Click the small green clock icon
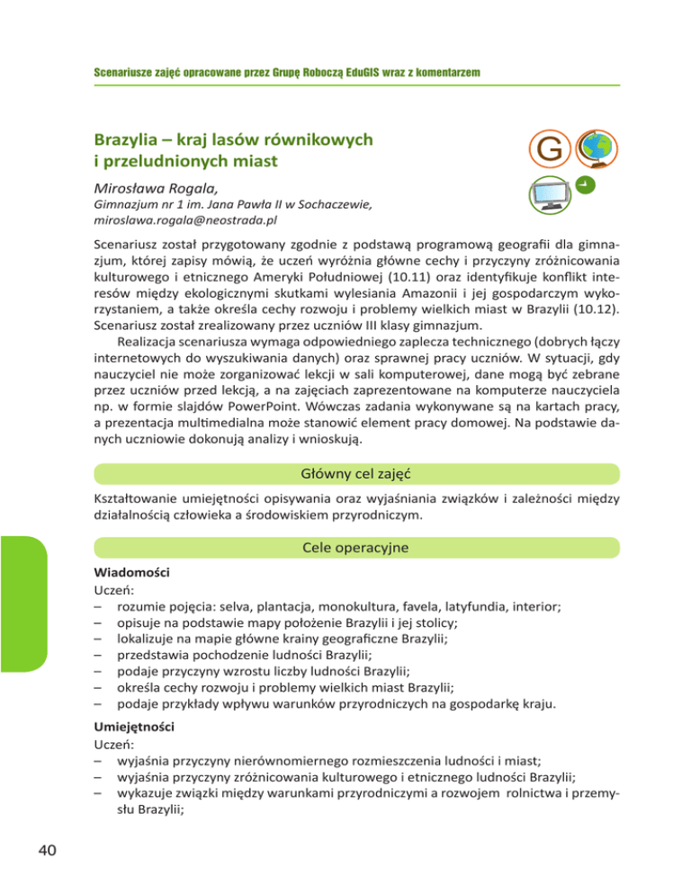pos(584,186)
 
